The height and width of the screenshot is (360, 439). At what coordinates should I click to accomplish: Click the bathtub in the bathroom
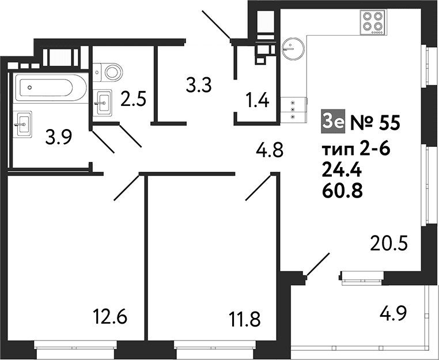(51, 88)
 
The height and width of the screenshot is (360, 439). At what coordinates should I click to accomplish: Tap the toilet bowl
(108, 72)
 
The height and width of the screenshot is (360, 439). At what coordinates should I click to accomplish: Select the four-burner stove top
(373, 22)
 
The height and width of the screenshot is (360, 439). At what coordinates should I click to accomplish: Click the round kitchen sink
(293, 48)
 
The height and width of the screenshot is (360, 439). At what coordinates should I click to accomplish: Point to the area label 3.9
(59, 137)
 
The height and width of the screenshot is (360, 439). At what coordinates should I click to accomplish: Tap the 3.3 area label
(199, 85)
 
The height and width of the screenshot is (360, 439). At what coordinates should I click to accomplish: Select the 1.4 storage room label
(258, 100)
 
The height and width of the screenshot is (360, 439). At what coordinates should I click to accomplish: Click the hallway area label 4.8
(270, 150)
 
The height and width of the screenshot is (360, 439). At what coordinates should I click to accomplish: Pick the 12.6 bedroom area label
(110, 316)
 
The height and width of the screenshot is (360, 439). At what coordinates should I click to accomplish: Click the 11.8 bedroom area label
(244, 320)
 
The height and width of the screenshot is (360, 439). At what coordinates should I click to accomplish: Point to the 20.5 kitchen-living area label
(389, 243)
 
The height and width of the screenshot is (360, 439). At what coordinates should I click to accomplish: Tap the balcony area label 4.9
(393, 313)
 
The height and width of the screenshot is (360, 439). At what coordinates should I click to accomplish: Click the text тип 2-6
(356, 150)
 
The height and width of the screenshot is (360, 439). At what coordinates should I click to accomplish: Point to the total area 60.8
(342, 191)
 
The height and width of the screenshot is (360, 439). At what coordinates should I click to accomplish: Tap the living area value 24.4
(342, 170)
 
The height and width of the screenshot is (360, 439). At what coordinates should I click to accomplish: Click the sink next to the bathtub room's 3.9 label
(22, 123)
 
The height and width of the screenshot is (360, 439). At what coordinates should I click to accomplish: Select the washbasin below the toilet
(102, 103)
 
